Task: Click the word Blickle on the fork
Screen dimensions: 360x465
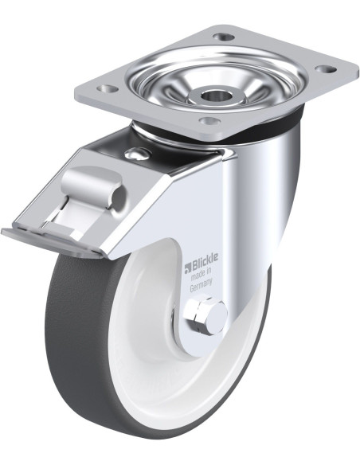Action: [x=205, y=261]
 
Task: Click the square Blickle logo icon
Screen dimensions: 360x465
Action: [x=187, y=268]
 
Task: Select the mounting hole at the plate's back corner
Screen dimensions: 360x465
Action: [x=224, y=37]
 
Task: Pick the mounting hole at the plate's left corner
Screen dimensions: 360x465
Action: [x=108, y=88]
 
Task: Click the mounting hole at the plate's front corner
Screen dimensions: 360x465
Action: [x=209, y=121]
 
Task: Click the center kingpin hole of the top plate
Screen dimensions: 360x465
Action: [x=213, y=96]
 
